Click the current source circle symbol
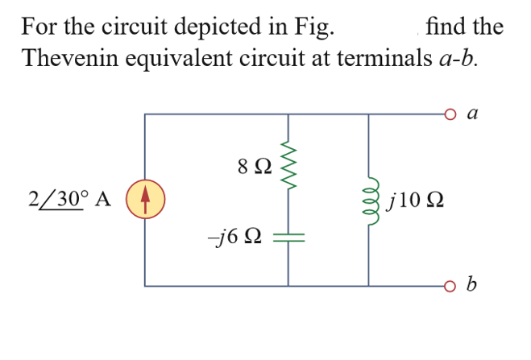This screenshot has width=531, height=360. (x=146, y=200)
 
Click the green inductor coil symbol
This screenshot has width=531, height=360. (x=369, y=199)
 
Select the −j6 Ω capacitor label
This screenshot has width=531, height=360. (x=234, y=238)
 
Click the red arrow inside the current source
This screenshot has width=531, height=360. (x=146, y=200)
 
